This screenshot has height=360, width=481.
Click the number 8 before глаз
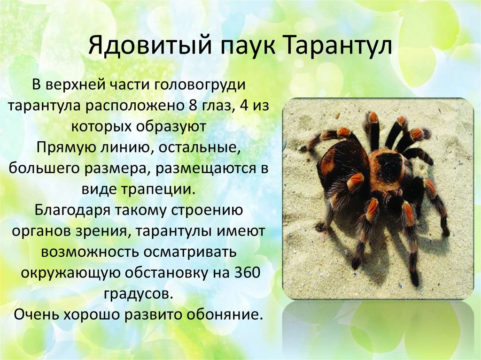click(189, 105)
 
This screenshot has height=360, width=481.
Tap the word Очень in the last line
click(36, 314)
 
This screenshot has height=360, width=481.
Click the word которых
click(101, 127)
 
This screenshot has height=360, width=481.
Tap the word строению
click(207, 210)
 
